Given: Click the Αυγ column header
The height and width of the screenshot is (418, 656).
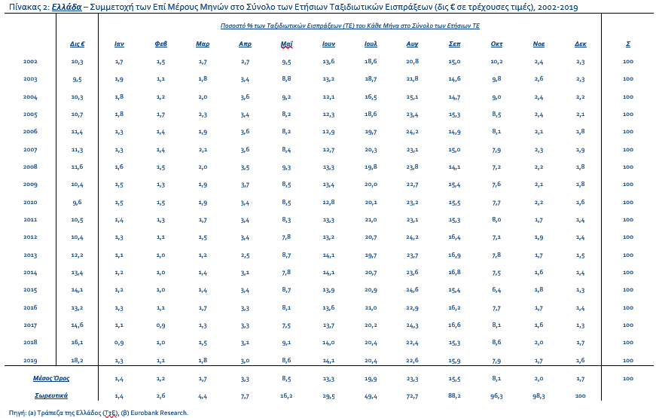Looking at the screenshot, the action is [412, 44].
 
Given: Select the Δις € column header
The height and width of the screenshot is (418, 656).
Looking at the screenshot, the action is [78, 44].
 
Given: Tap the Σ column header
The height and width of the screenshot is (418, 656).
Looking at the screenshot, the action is [628, 44].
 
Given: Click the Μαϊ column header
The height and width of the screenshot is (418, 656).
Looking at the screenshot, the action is [287, 44].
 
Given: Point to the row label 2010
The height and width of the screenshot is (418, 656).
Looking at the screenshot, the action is [30, 202].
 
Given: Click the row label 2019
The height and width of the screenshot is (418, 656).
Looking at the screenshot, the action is [30, 360].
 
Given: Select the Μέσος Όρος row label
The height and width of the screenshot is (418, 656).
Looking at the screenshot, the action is [51, 378].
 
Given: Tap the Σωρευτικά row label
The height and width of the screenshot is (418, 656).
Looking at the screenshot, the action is [51, 395].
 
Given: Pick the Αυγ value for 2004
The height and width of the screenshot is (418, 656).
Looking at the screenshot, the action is [412, 96].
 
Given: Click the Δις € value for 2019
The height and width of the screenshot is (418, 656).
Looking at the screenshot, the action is [78, 360].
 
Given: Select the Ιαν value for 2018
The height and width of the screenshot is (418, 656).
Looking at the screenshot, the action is [119, 342].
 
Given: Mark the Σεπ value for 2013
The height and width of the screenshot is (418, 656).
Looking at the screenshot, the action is [454, 255].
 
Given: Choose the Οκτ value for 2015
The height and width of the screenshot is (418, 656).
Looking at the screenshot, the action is [496, 289].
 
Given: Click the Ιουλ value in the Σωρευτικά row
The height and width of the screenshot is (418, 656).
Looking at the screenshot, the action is [371, 396].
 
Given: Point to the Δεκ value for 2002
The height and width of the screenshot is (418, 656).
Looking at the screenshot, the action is [580, 62].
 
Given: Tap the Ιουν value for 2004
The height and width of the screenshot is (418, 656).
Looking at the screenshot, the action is [328, 96].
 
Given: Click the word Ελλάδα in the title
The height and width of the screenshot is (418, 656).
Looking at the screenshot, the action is [67, 7].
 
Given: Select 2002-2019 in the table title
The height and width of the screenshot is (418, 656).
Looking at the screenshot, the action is [557, 7].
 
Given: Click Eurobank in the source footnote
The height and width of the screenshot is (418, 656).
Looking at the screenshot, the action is [144, 413].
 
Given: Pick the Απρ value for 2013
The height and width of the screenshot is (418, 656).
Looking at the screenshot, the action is [246, 255].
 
